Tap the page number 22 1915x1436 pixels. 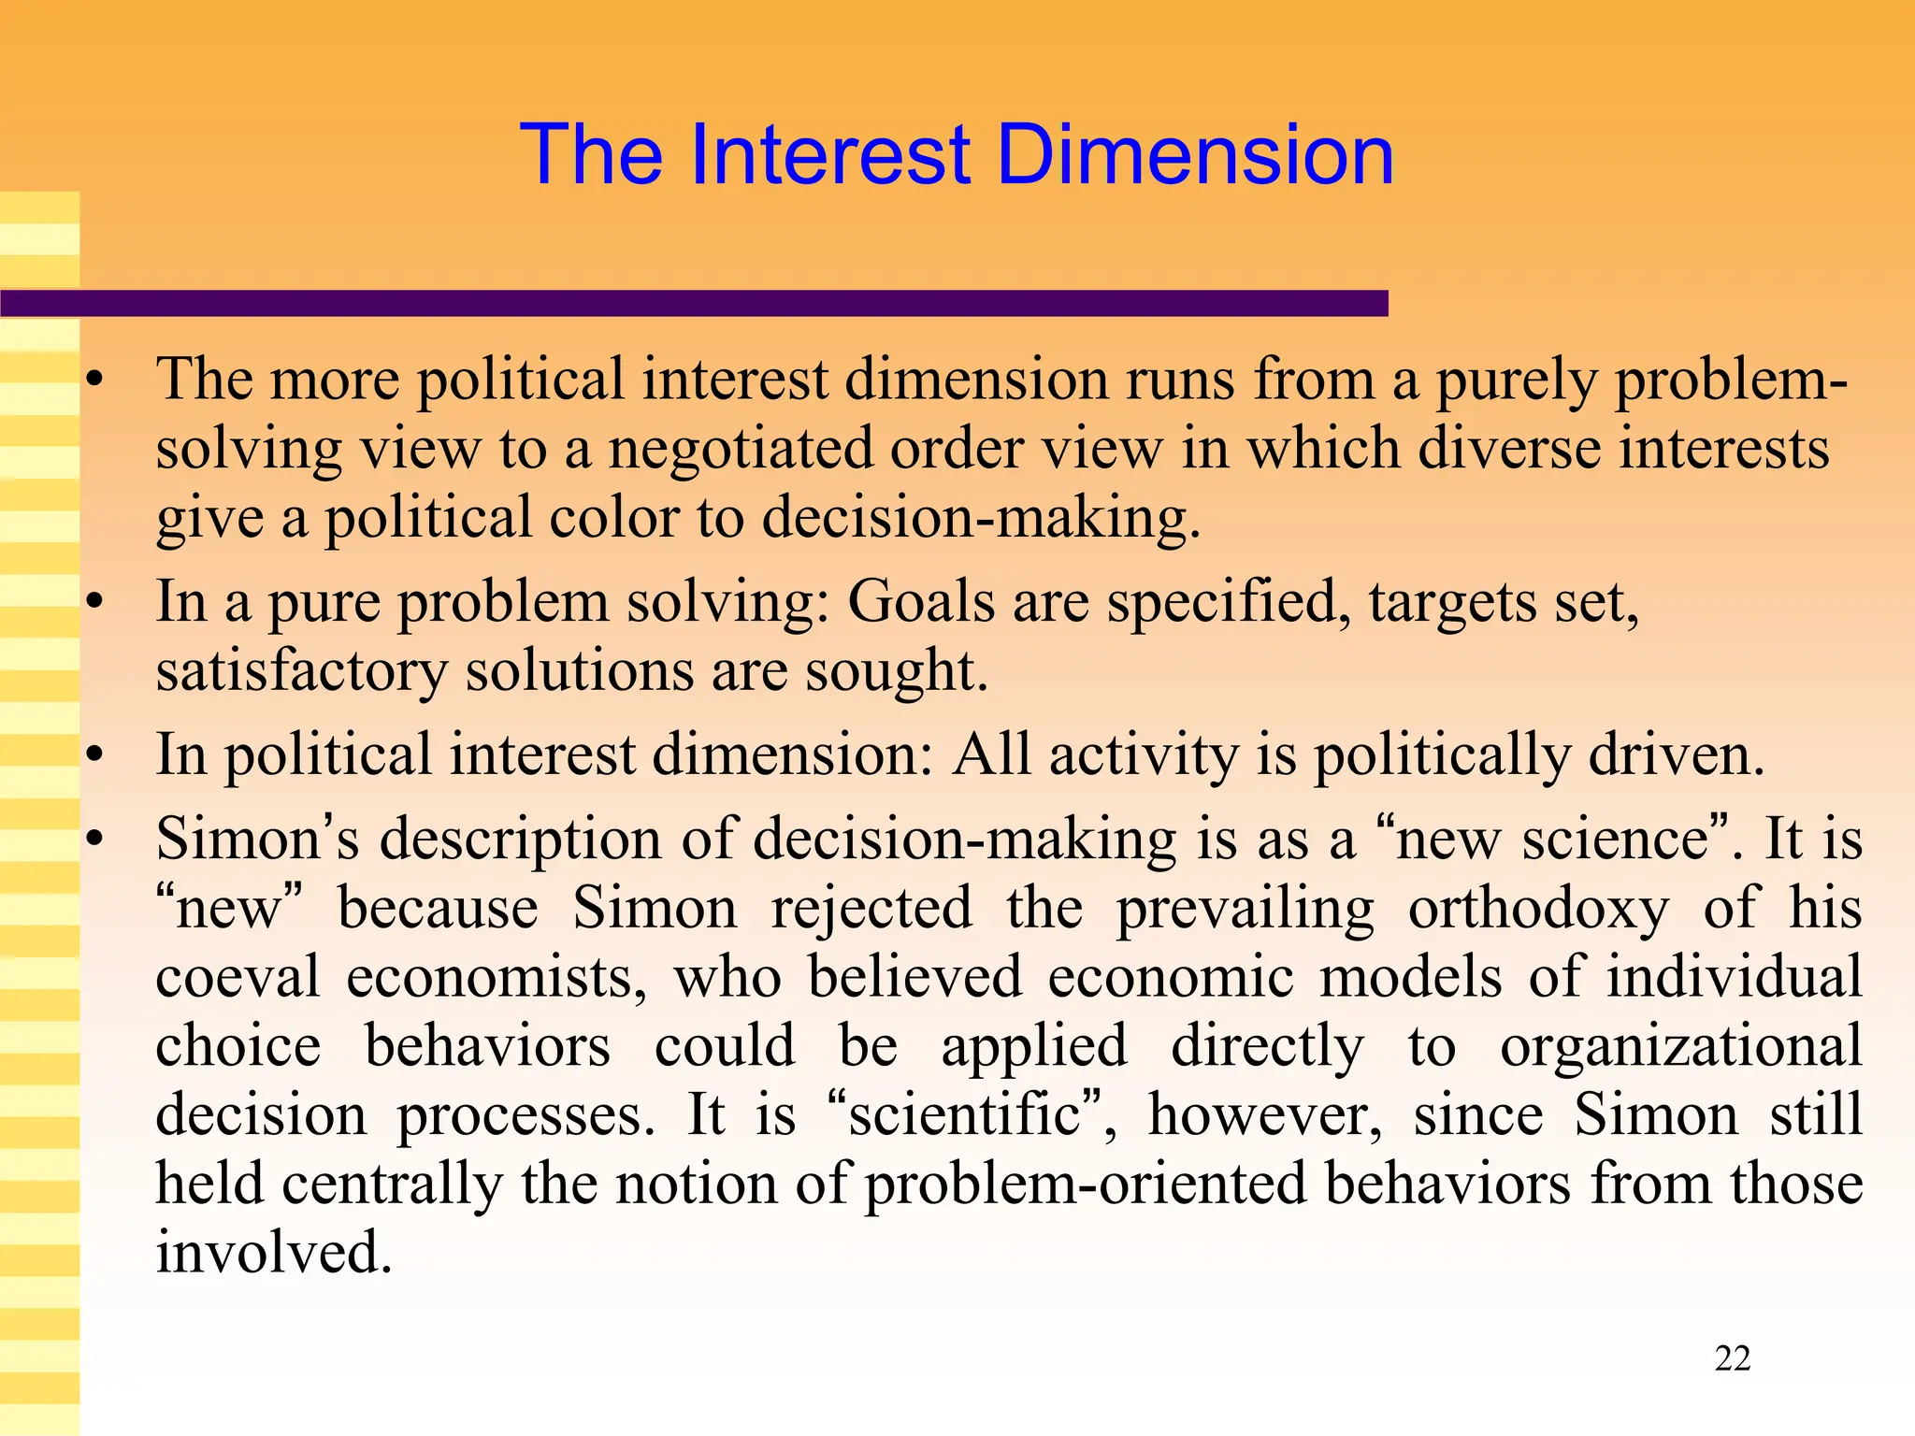coord(1732,1358)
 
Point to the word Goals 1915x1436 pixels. coord(920,602)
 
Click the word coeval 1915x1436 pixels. coord(238,978)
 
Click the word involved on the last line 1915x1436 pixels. coord(273,1254)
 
